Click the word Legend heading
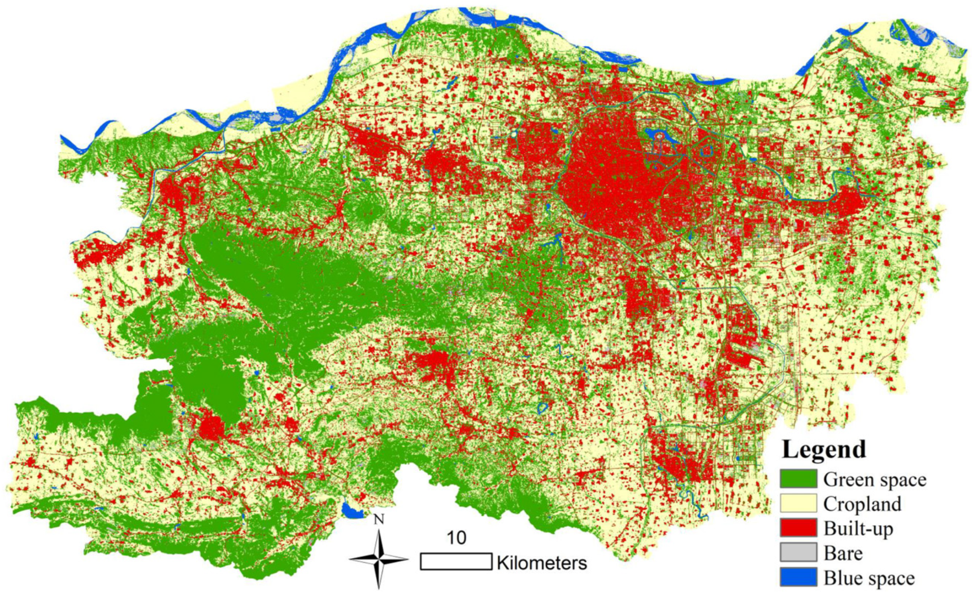tap(824, 449)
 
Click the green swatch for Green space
tap(798, 478)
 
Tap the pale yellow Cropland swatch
tap(798, 503)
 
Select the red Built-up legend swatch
tap(798, 528)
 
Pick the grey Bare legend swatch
tap(798, 552)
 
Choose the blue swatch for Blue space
tap(798, 577)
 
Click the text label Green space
tap(874, 479)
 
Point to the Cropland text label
tap(862, 504)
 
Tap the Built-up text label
tap(858, 528)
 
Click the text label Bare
tap(843, 553)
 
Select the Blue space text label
tap(868, 578)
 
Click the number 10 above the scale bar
tap(456, 538)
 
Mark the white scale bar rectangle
tap(456, 562)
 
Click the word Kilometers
tap(542, 563)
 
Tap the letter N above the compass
tap(379, 519)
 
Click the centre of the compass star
tap(379, 560)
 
